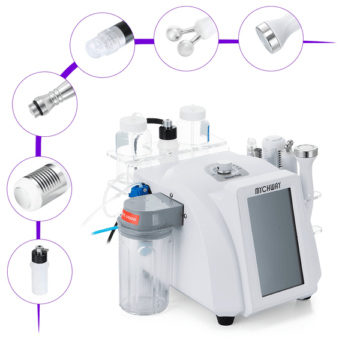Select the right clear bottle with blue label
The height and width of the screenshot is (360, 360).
(x=194, y=126)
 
